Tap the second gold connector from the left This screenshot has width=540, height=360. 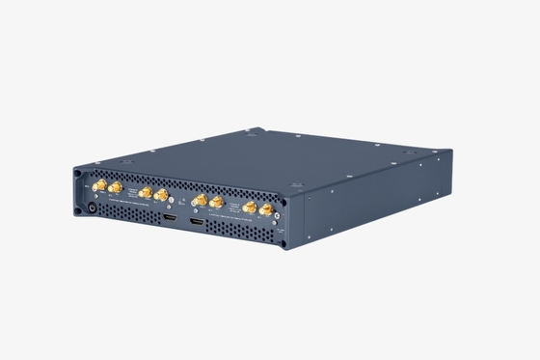115,186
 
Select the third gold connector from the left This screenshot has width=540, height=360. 145,192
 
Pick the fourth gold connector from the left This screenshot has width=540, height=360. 161,195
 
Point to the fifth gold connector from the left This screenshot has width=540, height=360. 198,201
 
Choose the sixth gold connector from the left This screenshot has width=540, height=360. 216,204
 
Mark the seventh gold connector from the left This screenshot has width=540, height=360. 249,208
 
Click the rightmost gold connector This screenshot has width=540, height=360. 266,209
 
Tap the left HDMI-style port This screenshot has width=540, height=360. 169,220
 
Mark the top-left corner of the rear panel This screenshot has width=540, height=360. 77,170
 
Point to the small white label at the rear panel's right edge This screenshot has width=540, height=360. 280,230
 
